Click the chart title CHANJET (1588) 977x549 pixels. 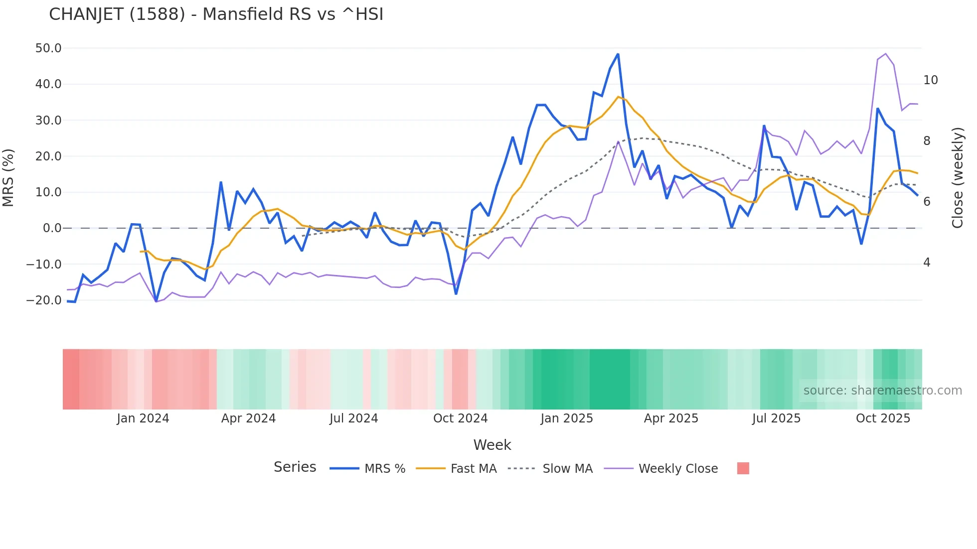(x=216, y=14)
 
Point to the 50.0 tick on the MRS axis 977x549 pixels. (x=48, y=48)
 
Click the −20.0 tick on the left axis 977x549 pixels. (x=44, y=300)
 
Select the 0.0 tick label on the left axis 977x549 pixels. (x=52, y=228)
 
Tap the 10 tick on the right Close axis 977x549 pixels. (x=930, y=80)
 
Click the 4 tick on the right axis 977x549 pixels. (x=927, y=263)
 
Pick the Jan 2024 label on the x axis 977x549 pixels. (x=143, y=418)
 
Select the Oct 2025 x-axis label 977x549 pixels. (x=883, y=418)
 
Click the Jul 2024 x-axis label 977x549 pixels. (x=353, y=418)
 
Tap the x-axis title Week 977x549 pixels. (x=492, y=445)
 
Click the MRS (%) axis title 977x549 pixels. (x=8, y=178)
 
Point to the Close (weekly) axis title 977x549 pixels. (x=958, y=178)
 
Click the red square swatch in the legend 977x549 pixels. (x=743, y=468)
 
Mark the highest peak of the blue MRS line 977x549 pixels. (x=618, y=54)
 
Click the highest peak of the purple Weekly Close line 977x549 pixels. (x=885, y=54)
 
